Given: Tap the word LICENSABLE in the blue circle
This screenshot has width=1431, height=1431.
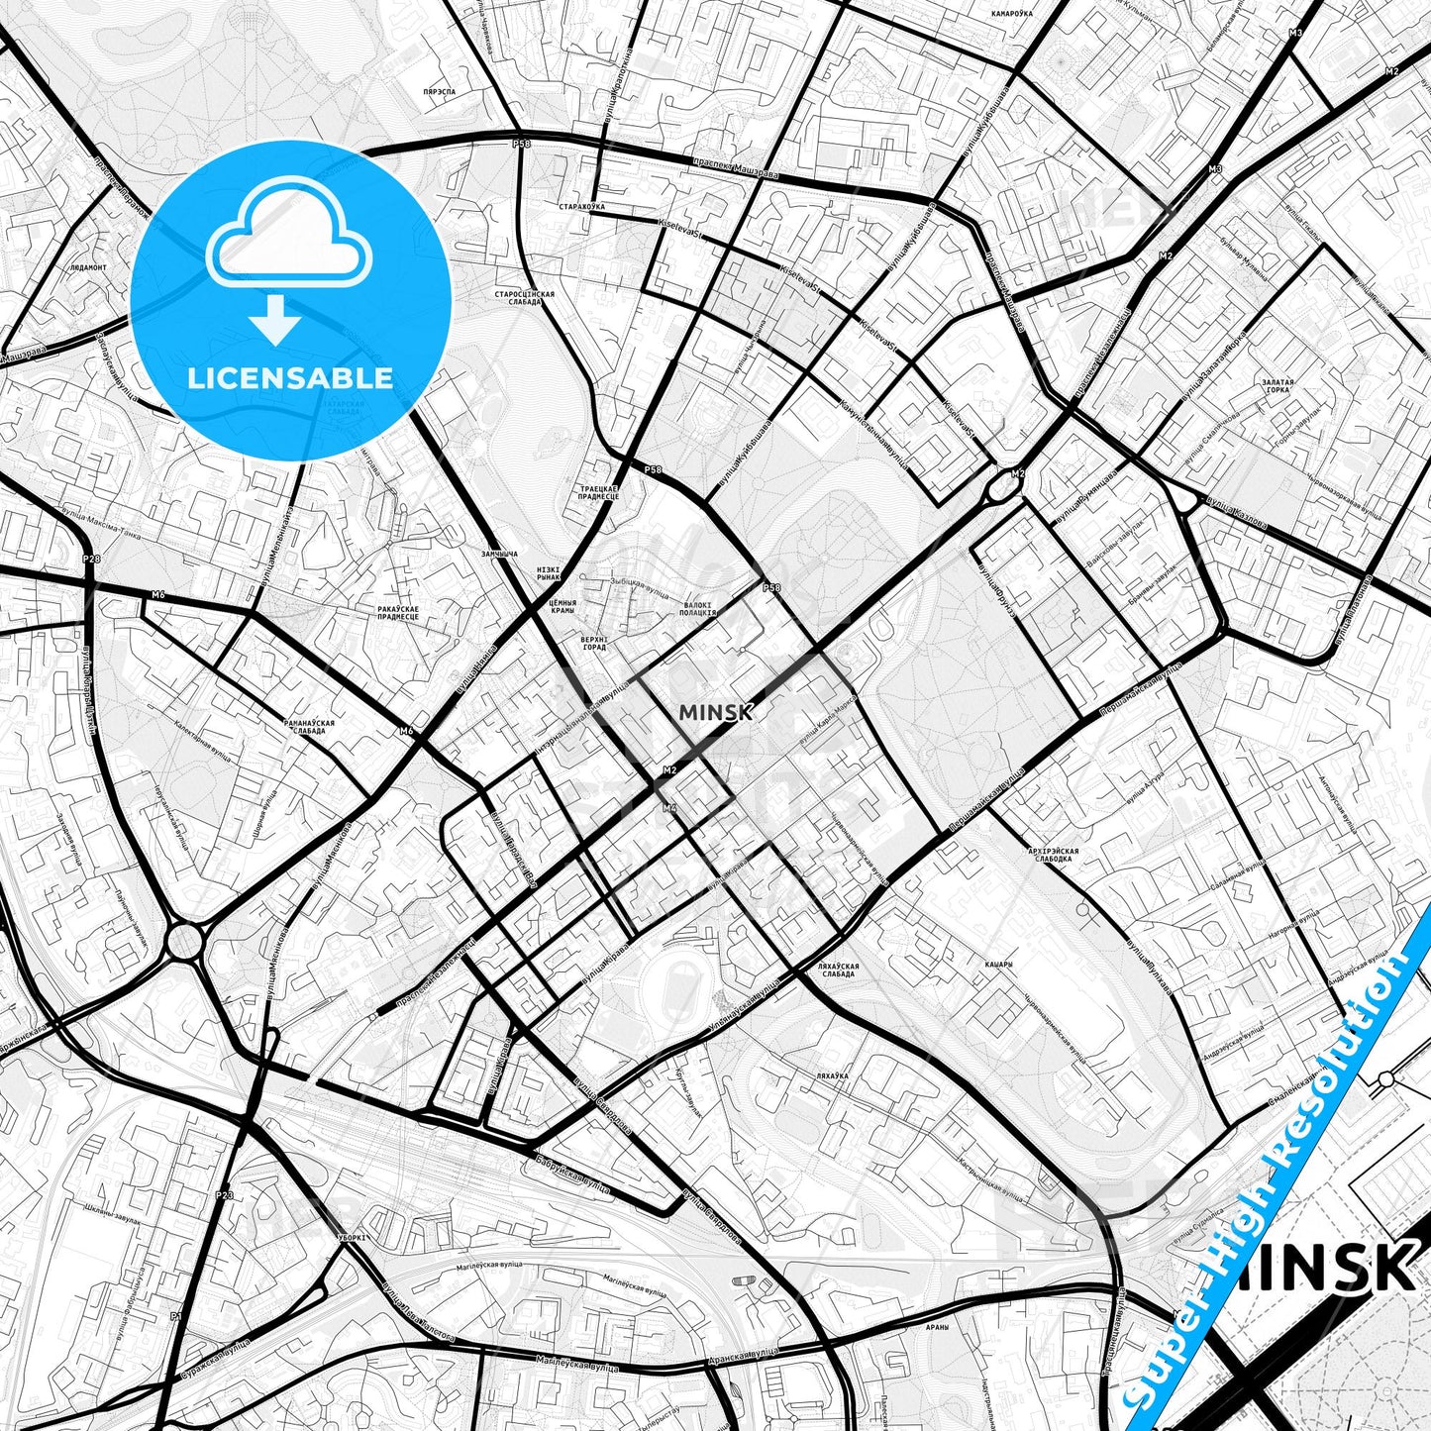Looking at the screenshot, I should tap(290, 377).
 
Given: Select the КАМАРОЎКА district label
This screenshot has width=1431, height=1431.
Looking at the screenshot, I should tap(1011, 14).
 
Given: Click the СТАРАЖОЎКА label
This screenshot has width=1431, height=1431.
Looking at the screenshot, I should tap(581, 206).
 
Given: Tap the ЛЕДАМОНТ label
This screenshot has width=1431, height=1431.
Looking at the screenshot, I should tap(88, 267).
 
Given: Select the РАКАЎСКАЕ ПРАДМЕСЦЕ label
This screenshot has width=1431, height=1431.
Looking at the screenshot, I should tap(398, 612).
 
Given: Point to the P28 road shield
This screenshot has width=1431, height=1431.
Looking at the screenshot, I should tap(91, 560).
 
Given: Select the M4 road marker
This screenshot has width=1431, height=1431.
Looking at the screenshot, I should tap(670, 808).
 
